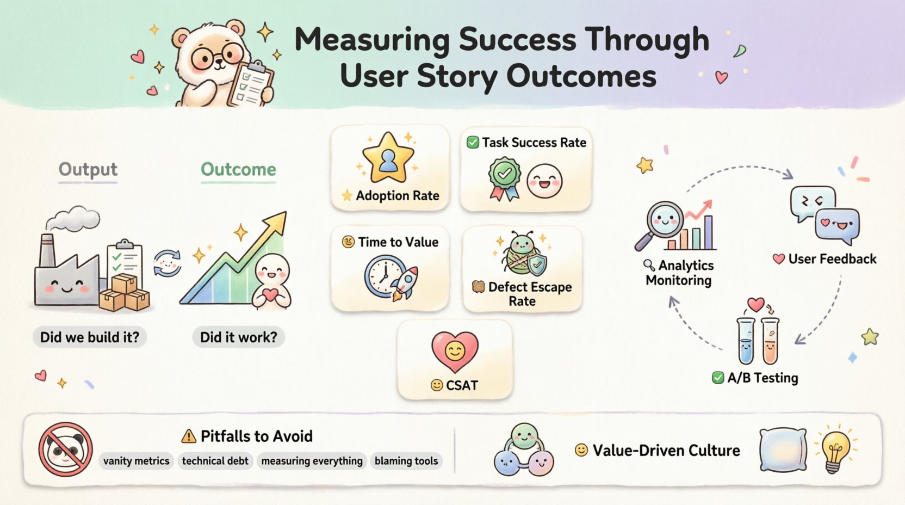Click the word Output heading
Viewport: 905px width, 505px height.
pyautogui.click(x=88, y=169)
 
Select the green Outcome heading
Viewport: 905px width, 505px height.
pyautogui.click(x=238, y=169)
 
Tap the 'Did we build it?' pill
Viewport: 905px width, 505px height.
pyautogui.click(x=90, y=337)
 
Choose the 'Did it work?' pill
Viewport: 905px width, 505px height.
pyautogui.click(x=238, y=337)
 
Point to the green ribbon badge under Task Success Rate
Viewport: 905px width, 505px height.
pyautogui.click(x=505, y=177)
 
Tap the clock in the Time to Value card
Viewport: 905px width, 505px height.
pyautogui.click(x=383, y=276)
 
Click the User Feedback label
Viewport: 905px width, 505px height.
pyautogui.click(x=832, y=259)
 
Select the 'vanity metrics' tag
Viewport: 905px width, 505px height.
pyautogui.click(x=136, y=461)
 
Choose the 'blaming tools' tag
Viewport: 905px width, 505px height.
pyautogui.click(x=406, y=461)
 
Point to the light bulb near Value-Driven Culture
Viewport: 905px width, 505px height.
pyautogui.click(x=835, y=449)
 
